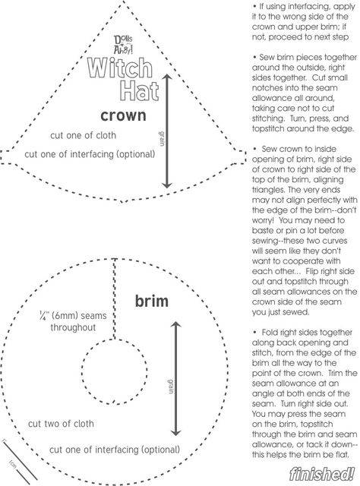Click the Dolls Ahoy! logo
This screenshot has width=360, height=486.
[x=123, y=45]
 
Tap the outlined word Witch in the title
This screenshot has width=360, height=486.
[x=120, y=68]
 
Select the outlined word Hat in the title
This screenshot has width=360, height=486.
[x=139, y=90]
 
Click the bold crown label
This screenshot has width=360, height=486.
[x=123, y=115]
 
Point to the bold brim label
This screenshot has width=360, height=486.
[x=152, y=301]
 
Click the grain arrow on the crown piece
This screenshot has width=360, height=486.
[x=167, y=131]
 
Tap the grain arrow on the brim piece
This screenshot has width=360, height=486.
[x=175, y=379]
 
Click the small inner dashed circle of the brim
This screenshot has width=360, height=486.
[x=83, y=371]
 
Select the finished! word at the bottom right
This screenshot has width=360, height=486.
[x=321, y=473]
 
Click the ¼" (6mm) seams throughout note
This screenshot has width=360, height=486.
[x=73, y=321]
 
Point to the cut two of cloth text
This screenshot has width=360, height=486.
[x=61, y=424]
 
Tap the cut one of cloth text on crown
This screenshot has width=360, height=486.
[x=83, y=135]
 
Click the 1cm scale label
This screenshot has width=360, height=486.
[x=13, y=464]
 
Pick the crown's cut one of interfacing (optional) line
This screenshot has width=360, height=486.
[x=90, y=154]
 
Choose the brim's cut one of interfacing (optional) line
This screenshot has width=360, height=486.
[x=115, y=450]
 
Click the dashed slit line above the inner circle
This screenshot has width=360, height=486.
[x=115, y=298]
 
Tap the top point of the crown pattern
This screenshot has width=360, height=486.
[x=124, y=2]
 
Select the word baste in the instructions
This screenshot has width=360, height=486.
[x=262, y=231]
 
